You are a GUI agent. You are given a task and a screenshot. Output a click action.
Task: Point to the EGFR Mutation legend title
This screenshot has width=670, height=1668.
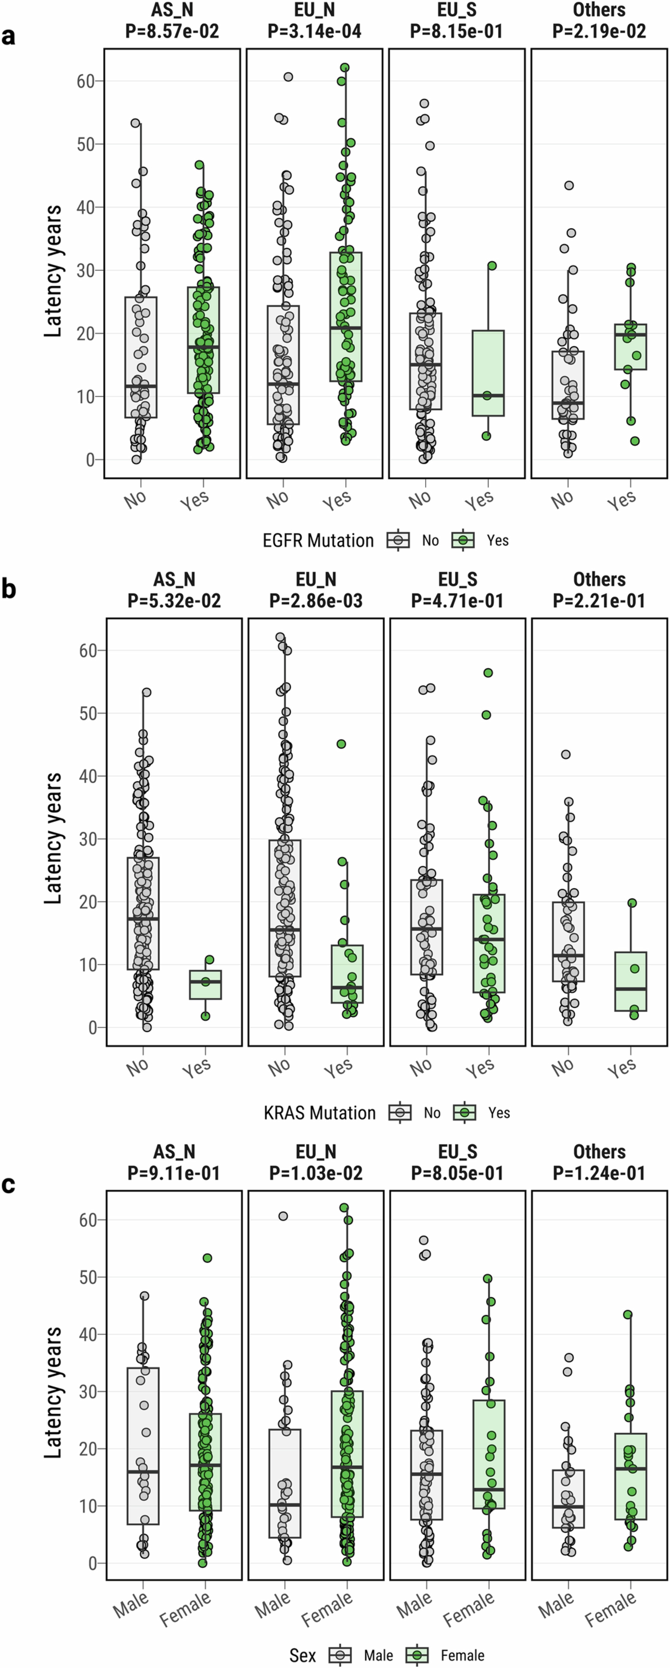318,541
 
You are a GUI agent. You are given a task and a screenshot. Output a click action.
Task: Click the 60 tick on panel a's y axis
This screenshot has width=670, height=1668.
86,81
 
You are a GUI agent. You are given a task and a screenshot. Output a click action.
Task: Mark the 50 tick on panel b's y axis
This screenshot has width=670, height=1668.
88,713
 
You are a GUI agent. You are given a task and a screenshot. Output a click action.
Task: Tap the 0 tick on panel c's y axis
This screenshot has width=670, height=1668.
93,1563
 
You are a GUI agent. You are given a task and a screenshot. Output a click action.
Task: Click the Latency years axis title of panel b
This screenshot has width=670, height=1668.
53,839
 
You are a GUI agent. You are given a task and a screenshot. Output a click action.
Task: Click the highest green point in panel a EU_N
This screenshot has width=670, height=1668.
345,67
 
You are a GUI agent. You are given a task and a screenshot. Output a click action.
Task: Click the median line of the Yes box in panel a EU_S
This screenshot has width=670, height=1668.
488,396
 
